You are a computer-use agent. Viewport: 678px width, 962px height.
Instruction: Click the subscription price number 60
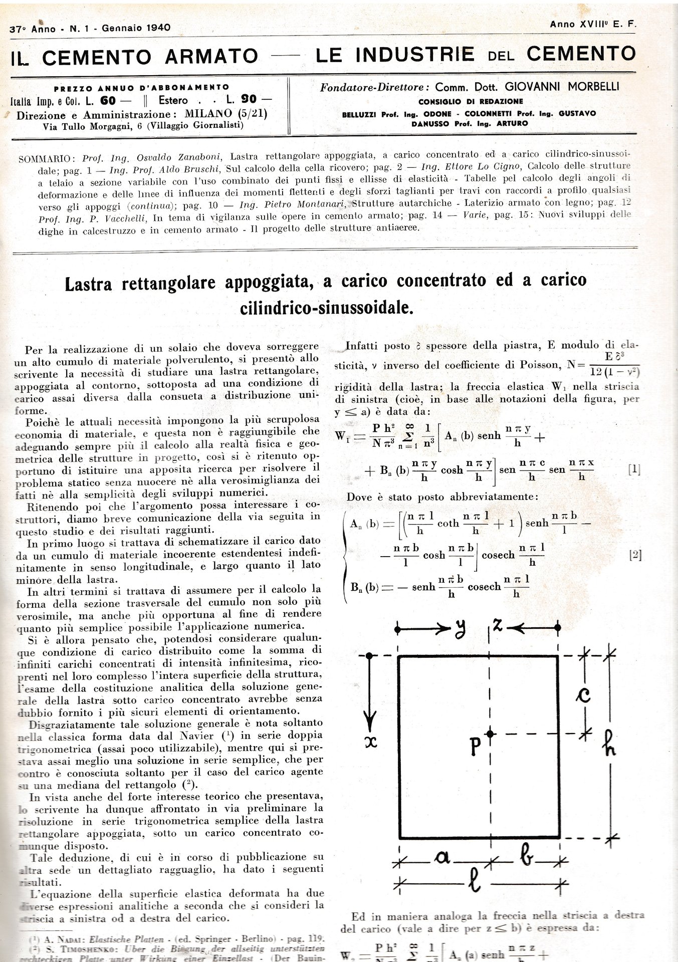click(108, 100)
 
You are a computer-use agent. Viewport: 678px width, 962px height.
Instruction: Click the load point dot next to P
click(490, 734)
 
